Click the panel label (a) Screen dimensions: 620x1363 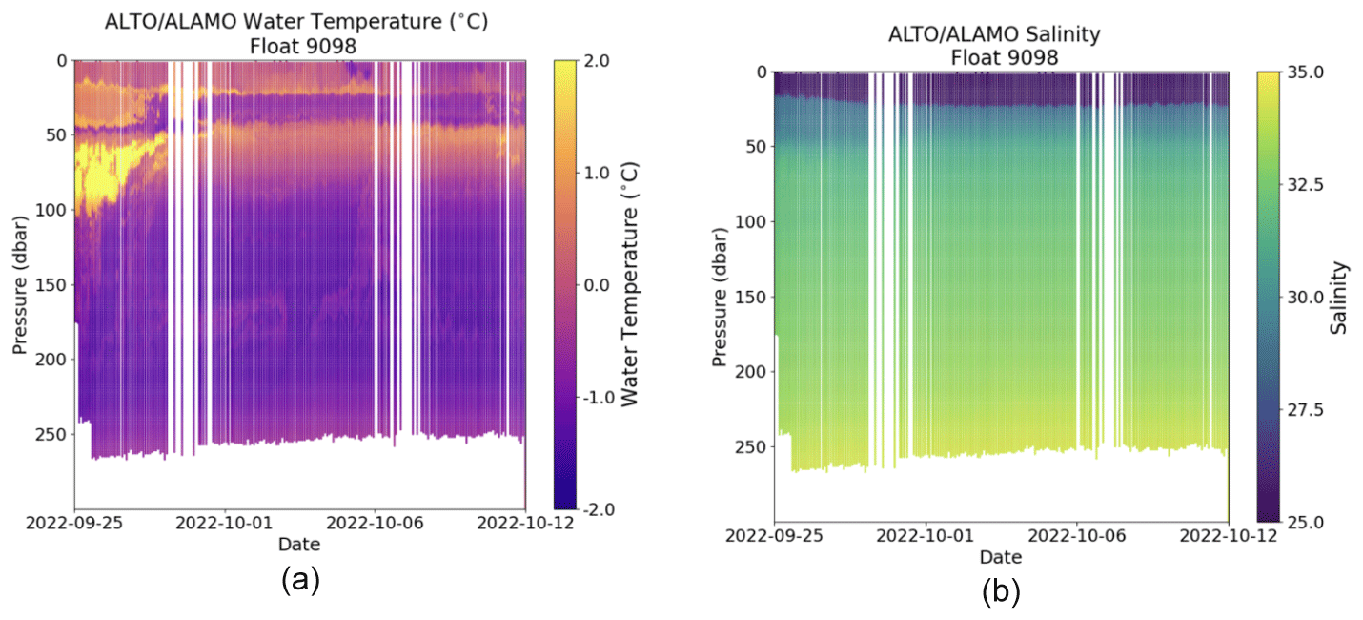point(300,581)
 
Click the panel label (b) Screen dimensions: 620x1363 point(1001,592)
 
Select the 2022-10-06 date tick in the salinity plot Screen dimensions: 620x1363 point(1076,534)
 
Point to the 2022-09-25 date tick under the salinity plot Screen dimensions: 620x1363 point(775,534)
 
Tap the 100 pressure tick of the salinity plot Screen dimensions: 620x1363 point(753,222)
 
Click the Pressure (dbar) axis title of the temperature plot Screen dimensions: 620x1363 point(19,285)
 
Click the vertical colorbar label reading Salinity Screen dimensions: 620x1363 point(1340,297)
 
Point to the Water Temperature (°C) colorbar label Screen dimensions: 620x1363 point(629,285)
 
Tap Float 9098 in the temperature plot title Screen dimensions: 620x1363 point(299,43)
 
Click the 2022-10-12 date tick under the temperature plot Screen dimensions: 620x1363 point(525,522)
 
